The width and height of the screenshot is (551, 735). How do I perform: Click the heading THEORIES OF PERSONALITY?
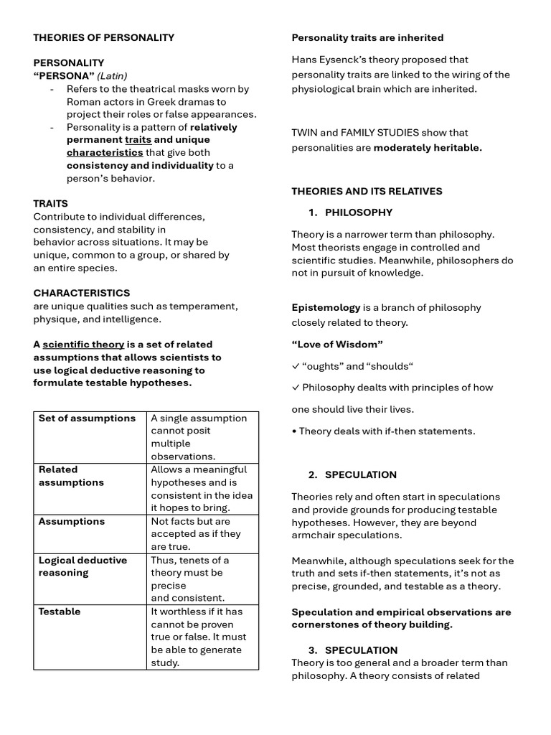pyautogui.click(x=103, y=37)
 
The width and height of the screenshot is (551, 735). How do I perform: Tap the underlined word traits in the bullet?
pyautogui.click(x=138, y=140)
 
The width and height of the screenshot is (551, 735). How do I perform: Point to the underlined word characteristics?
pyautogui.click(x=105, y=153)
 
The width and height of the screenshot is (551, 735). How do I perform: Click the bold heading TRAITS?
pyautogui.click(x=50, y=204)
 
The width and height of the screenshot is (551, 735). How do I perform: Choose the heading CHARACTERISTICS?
pyautogui.click(x=82, y=293)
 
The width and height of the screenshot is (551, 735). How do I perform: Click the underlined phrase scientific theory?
pyautogui.click(x=83, y=345)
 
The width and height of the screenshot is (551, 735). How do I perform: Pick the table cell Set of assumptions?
pyautogui.click(x=87, y=418)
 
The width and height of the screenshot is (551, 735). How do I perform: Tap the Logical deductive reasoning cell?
pyautogui.click(x=83, y=566)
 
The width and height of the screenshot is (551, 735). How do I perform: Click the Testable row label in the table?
pyautogui.click(x=60, y=612)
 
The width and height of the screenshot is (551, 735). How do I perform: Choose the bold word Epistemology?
pyautogui.click(x=325, y=307)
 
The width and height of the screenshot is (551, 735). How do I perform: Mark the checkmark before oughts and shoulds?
pyautogui.click(x=295, y=366)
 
